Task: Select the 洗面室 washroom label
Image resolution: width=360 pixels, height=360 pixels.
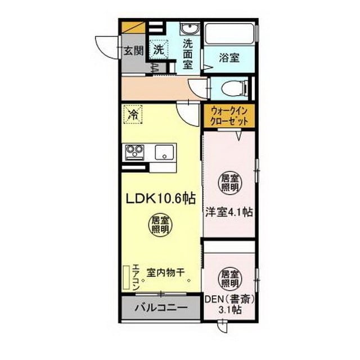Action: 187,55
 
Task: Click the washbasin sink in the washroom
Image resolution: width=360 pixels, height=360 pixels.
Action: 189,29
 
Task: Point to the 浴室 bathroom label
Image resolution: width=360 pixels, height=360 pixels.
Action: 229,57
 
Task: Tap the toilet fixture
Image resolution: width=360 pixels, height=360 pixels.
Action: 235,88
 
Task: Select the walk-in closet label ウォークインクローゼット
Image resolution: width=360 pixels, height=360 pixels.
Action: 229,116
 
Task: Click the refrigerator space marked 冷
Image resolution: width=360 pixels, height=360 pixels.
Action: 133,114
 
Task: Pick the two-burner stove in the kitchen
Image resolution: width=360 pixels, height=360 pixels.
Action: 134,152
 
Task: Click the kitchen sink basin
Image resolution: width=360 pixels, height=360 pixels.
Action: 164,152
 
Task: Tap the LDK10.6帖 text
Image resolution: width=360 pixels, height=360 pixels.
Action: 161,199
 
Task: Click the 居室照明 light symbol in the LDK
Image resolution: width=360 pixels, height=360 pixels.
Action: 160,225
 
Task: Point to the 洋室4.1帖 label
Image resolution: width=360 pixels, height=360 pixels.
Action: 229,212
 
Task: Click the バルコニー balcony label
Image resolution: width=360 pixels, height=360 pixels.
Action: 161,308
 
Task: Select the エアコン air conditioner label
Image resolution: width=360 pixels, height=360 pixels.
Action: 136,277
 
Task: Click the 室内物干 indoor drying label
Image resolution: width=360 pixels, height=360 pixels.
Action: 165,273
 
